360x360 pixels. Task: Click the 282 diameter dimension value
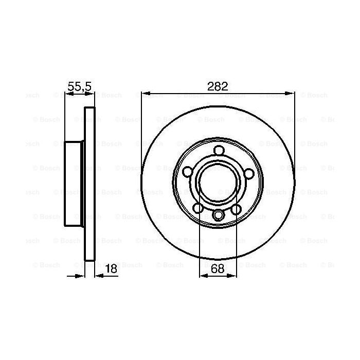[218, 86]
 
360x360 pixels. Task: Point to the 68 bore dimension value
[218, 268]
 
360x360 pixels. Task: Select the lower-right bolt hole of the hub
[237, 208]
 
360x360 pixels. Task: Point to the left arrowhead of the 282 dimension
[145, 93]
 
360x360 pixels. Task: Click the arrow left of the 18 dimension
[80, 276]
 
